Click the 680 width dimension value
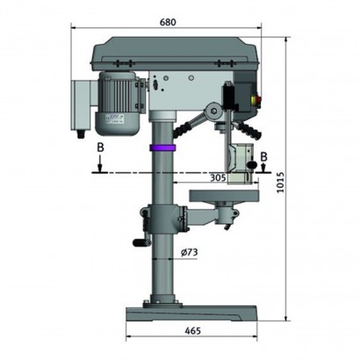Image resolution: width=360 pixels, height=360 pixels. (168, 22)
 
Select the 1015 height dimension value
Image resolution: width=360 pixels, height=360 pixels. (280, 182)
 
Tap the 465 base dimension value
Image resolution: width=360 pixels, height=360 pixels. (193, 331)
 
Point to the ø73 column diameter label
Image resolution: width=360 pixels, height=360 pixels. (189, 252)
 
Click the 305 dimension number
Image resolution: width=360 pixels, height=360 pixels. (218, 177)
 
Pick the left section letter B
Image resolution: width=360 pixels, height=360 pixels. (100, 148)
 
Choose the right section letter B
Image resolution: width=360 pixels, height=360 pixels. (263, 156)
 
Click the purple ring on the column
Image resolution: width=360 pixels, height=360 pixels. (162, 148)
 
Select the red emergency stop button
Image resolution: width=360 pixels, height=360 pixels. (258, 101)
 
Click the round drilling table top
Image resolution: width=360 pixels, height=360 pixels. (224, 196)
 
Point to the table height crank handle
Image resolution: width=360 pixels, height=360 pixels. (141, 241)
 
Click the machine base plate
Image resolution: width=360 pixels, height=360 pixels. (191, 313)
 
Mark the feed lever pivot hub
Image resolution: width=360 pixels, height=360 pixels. (214, 111)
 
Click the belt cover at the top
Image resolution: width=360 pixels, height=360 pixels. (176, 54)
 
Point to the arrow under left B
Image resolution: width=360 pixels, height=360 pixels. (100, 163)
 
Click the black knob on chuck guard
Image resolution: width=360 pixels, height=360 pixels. (252, 164)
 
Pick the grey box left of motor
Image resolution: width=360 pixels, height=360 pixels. (83, 105)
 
